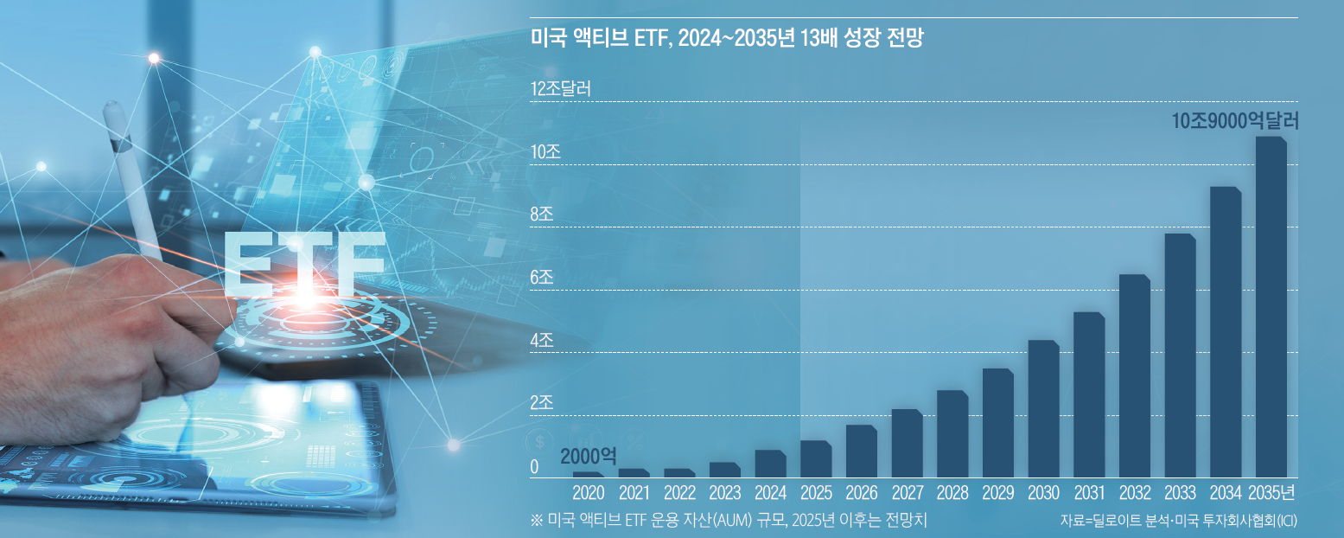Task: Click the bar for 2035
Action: [1271, 307]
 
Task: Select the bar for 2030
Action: [1043, 409]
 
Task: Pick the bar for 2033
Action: [1180, 355]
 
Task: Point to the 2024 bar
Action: [770, 464]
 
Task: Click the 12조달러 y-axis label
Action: [560, 89]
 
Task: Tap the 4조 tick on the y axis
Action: [542, 340]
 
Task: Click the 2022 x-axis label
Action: [679, 494]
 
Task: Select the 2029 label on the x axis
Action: [998, 494]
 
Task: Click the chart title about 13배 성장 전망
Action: [727, 39]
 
